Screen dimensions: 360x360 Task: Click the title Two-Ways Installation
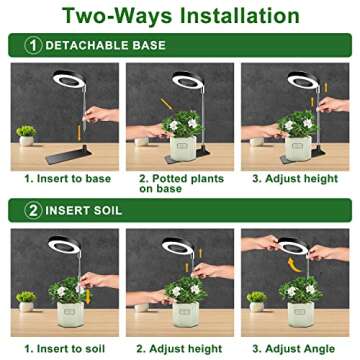[x=180, y=17]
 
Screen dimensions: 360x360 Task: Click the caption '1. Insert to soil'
[x=61, y=346]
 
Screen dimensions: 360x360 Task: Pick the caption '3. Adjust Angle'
[x=298, y=346]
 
